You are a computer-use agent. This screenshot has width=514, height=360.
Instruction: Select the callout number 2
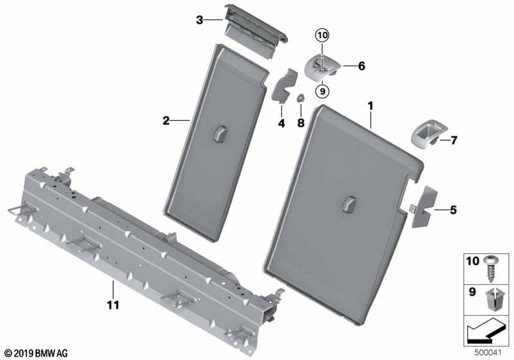(x=166, y=120)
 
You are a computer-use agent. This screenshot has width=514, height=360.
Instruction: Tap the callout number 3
(x=199, y=20)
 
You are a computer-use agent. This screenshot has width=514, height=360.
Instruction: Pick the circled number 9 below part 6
(x=321, y=91)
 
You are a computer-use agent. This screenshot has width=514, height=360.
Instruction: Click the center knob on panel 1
(x=350, y=203)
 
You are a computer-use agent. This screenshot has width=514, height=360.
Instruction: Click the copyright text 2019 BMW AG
(x=35, y=353)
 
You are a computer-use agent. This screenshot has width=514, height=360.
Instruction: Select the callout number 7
(x=454, y=139)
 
